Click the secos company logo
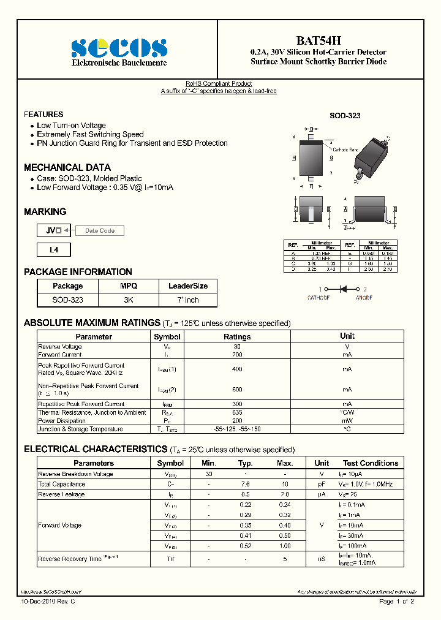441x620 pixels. pos(119,47)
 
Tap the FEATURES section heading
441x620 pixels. pos(43,115)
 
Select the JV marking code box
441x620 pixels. pos(54,230)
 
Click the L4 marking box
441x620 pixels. pos(54,250)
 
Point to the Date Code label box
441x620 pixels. pos(99,230)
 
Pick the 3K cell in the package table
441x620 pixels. pos(129,300)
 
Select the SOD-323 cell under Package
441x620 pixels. pos(68,300)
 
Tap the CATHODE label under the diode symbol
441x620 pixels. pos(318,298)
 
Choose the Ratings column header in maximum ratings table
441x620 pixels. pos(237,336)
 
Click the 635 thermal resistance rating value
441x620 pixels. pos(237,412)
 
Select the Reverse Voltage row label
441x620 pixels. pos(60,347)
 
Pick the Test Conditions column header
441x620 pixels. pos(371,463)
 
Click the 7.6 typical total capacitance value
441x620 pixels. pos(246,484)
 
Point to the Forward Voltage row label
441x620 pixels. pos(60,525)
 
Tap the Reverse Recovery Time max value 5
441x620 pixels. pos(285,559)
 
